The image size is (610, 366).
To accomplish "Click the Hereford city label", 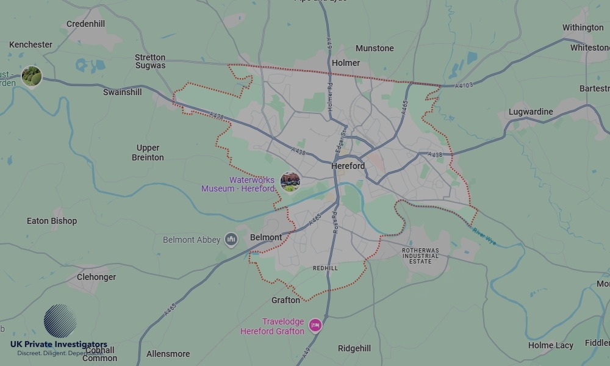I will [348, 166].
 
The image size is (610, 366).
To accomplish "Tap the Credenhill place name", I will [85, 24].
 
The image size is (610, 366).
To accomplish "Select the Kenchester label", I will [30, 45].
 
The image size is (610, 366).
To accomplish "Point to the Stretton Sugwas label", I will [150, 62].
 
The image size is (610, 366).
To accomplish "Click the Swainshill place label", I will [122, 92].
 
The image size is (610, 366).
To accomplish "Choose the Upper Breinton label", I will [148, 152].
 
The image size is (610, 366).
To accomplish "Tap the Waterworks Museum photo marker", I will [290, 181].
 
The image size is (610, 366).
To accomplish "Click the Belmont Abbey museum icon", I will [231, 240].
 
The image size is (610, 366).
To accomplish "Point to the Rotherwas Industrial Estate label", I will [420, 256].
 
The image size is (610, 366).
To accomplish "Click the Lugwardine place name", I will [531, 112].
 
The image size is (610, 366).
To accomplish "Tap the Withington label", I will [583, 27].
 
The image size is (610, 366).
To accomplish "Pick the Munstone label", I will [375, 48].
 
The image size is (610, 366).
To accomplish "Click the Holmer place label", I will [346, 63].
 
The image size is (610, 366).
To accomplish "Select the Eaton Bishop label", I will [52, 221].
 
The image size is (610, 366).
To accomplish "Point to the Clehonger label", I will [96, 277].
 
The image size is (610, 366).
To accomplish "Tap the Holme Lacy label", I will [550, 345].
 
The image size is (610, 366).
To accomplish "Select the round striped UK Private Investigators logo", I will [60, 321].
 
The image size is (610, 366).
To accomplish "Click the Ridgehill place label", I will [354, 348].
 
